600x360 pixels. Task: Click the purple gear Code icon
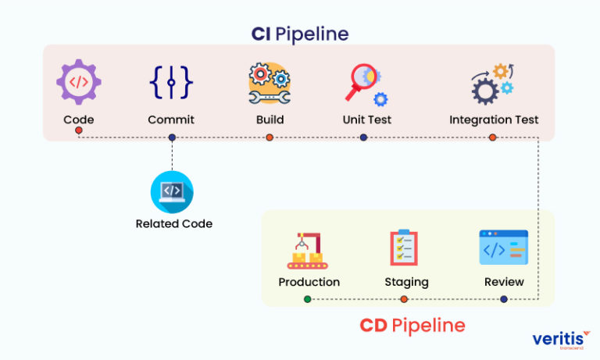click(78, 82)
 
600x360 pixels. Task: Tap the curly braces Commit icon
click(171, 83)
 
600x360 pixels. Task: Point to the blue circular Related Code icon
click(172, 191)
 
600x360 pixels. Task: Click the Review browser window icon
click(503, 248)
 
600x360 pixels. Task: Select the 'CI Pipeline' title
click(300, 34)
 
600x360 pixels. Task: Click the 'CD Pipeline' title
click(412, 325)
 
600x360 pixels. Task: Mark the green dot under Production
click(308, 299)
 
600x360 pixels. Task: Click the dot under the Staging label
click(404, 299)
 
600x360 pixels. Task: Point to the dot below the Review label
click(503, 299)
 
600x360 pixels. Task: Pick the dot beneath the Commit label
click(172, 137)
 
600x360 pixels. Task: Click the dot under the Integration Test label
click(493, 137)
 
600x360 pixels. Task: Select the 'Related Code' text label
click(173, 223)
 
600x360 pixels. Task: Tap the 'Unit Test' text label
click(366, 119)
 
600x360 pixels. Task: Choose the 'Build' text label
click(270, 119)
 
